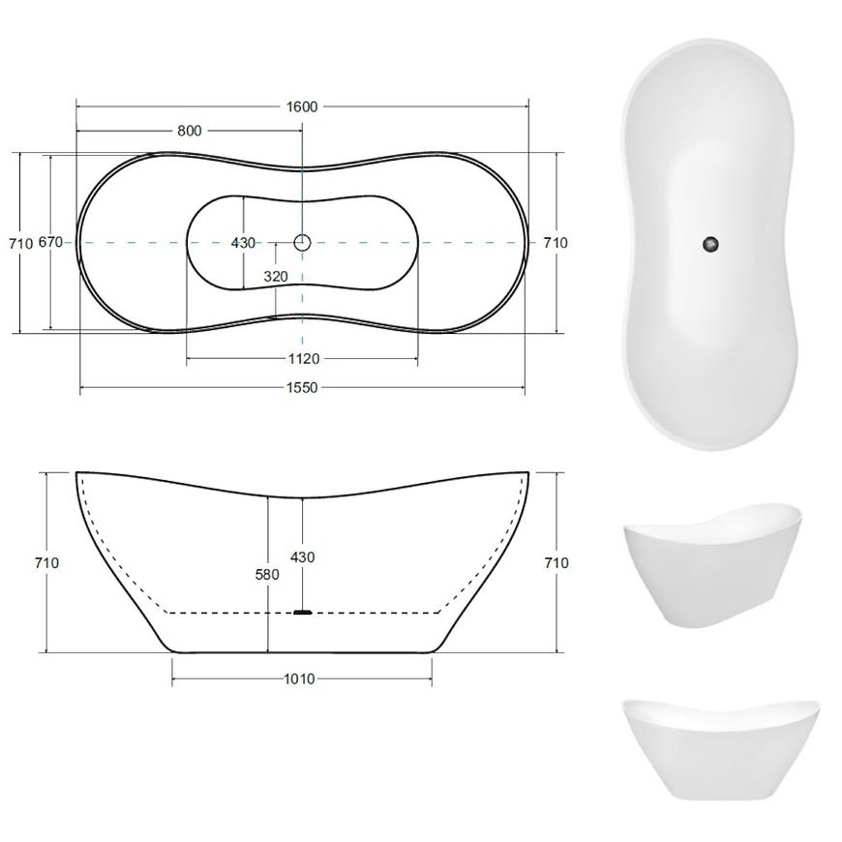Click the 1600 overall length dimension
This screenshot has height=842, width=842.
coord(302,106)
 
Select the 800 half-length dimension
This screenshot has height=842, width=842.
coord(190,131)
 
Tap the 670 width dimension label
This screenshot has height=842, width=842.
coord(50,242)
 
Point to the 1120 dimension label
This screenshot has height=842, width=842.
coord(304,359)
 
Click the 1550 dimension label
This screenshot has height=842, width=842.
coord(302,388)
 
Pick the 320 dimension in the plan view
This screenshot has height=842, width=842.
coord(276,277)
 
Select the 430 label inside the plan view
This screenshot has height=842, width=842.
coord(243,243)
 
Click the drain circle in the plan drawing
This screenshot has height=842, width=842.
coord(302,243)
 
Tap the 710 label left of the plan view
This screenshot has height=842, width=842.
coord(21,243)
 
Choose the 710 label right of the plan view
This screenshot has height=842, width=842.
coord(556,243)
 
